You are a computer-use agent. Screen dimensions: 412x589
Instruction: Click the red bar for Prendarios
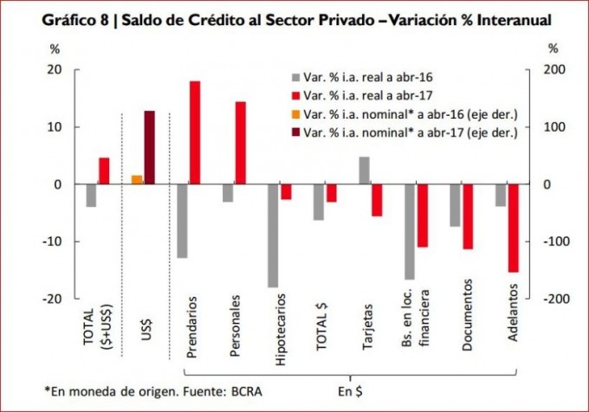click(195, 132)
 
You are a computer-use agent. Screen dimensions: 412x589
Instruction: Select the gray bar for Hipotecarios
click(273, 235)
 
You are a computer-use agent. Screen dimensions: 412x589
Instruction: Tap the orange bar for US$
click(137, 179)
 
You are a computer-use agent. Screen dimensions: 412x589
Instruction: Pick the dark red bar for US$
click(149, 147)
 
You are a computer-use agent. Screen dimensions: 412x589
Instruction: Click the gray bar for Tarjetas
click(364, 171)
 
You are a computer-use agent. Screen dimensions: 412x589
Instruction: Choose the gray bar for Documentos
click(455, 205)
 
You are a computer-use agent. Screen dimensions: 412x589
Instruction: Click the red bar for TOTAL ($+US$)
click(104, 171)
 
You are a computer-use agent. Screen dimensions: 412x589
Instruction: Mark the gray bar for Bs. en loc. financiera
click(409, 232)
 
